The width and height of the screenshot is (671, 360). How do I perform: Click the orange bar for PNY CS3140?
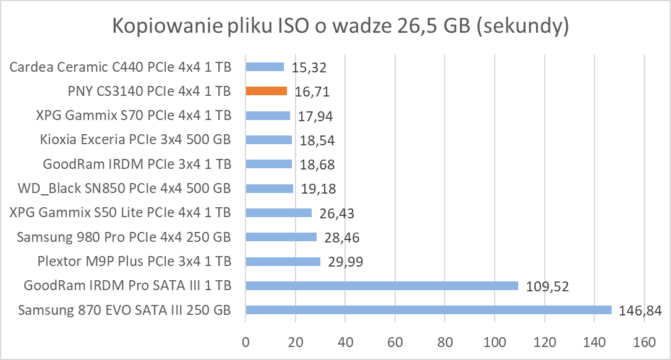[x=266, y=91]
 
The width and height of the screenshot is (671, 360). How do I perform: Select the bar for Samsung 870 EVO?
[x=428, y=310]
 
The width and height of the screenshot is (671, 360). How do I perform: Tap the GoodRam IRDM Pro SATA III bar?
[x=382, y=286]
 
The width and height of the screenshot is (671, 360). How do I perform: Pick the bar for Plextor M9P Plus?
[x=283, y=262]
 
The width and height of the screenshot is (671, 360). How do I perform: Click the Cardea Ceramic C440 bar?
[x=265, y=67]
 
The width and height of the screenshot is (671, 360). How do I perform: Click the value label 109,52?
[x=547, y=286]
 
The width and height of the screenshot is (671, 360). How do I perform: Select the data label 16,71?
[x=311, y=92]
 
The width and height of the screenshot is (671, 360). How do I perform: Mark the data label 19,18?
[x=318, y=189]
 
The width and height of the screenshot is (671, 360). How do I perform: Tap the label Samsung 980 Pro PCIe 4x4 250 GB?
[x=124, y=237]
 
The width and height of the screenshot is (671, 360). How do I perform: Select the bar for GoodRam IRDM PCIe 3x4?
[x=268, y=164]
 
